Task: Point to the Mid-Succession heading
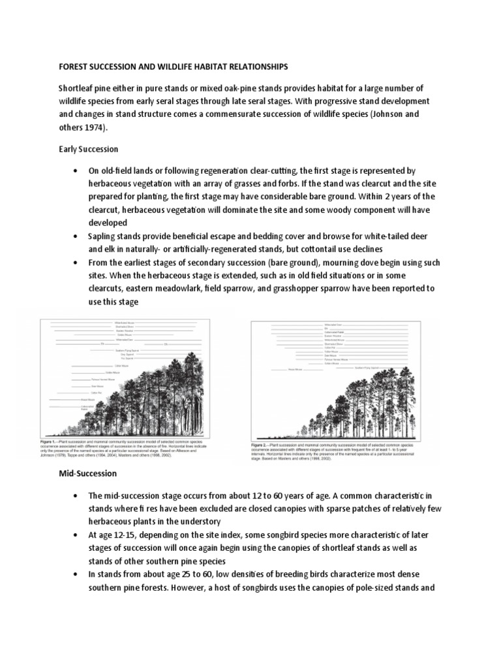[86, 472]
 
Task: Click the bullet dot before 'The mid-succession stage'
[76, 496]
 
